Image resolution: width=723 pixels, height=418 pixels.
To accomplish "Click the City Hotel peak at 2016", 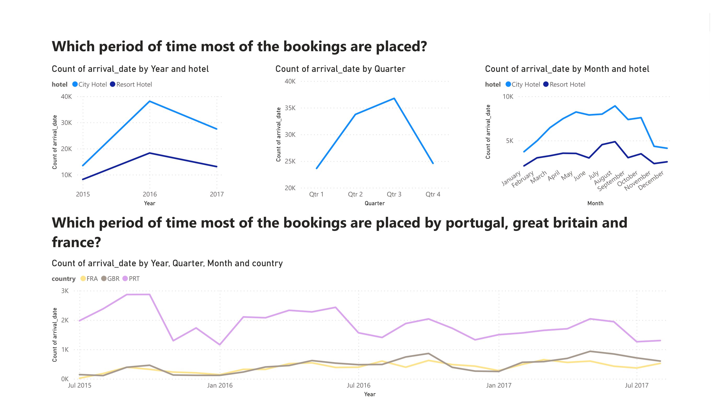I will [x=149, y=101].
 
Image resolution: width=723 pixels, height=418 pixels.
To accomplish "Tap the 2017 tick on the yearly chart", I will [x=217, y=194].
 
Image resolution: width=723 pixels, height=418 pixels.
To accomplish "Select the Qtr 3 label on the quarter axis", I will [x=394, y=194].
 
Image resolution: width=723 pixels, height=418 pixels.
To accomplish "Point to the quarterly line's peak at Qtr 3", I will [x=394, y=98].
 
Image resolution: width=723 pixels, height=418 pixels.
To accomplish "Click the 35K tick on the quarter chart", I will [x=290, y=108].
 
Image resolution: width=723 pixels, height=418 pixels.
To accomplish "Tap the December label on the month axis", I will [x=651, y=180].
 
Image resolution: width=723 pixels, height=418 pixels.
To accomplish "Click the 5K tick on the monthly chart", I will [x=510, y=141].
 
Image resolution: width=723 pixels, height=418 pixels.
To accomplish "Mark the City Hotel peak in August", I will [x=615, y=106].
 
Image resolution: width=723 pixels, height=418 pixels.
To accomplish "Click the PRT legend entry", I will [x=131, y=278].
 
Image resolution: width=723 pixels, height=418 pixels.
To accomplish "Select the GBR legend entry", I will [x=111, y=278].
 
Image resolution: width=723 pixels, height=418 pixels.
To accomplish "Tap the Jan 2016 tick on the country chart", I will [x=220, y=385].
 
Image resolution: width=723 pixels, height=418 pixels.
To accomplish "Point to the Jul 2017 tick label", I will [x=637, y=385].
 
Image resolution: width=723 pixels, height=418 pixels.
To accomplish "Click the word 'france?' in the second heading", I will [x=76, y=242].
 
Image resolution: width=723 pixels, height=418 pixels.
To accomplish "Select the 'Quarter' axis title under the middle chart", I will [x=374, y=203].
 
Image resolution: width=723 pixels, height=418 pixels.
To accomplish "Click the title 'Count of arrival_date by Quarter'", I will [x=340, y=69].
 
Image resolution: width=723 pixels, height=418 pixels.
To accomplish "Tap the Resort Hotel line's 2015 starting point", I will [x=83, y=179].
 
